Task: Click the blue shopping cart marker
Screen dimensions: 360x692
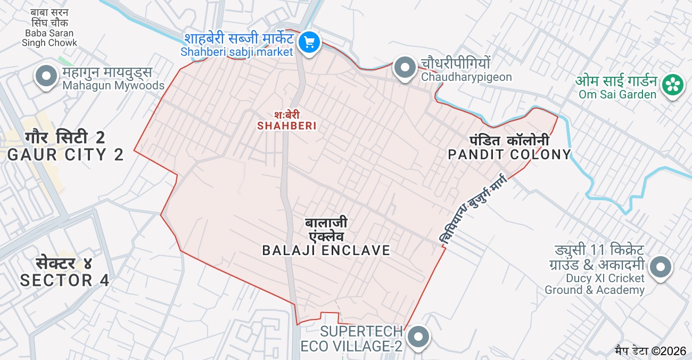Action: coord(309,42)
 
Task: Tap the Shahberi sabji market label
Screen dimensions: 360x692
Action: coord(238,45)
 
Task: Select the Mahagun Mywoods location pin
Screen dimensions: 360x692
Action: coord(46,76)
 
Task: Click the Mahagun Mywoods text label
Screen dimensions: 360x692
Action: coord(113,79)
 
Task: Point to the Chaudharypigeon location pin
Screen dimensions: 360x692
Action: coord(405,68)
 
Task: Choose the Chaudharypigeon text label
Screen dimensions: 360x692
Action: coord(466,70)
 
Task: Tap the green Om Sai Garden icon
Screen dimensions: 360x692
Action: coord(672,84)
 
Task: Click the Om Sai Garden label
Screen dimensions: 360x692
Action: coord(616,88)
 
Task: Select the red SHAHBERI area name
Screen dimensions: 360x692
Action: coord(287,121)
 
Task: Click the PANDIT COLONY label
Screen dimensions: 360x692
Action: coord(509,148)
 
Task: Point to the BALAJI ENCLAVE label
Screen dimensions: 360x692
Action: coord(326,236)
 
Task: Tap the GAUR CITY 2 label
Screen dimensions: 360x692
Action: coord(65,146)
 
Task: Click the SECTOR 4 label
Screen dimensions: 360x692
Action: coord(65,272)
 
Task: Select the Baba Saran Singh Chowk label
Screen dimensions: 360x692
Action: coord(50,27)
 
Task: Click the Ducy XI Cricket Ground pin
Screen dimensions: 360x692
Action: coord(661,267)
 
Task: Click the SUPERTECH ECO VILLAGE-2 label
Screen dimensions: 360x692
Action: coord(351,339)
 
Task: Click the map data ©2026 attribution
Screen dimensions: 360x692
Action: coord(650,350)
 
